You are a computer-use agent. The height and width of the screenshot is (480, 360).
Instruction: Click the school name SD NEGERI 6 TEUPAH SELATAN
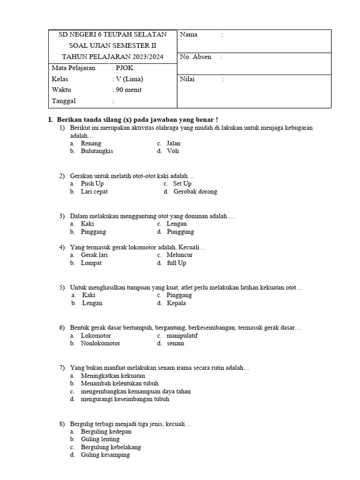coord(112,35)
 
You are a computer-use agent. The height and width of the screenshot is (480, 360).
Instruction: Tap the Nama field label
coord(188,35)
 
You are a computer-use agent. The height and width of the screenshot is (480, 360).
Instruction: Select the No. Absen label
coord(195,57)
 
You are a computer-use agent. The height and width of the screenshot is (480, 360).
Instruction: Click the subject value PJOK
coord(125,68)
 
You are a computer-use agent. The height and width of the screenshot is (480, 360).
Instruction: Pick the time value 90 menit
coord(128,90)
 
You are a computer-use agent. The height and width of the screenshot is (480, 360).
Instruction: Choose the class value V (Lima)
coord(129,79)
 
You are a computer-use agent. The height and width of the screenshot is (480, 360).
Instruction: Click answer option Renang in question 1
coord(91,143)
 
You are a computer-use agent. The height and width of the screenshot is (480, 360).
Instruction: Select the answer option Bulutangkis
coord(97,151)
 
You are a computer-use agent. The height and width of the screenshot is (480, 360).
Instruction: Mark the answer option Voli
coord(173,151)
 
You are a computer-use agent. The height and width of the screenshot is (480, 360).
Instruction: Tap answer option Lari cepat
coord(94,192)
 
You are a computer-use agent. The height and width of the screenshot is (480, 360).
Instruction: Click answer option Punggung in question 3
coord(180,232)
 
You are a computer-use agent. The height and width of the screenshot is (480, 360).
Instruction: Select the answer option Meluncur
coord(180,255)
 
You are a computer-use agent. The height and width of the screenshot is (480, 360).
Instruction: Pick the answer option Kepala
coord(176,303)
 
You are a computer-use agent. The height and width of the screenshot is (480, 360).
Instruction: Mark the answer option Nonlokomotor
coord(100,344)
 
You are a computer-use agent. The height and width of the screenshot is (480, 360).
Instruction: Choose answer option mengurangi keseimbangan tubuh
coord(125,399)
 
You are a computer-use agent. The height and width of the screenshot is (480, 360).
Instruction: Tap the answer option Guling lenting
coord(100,440)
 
